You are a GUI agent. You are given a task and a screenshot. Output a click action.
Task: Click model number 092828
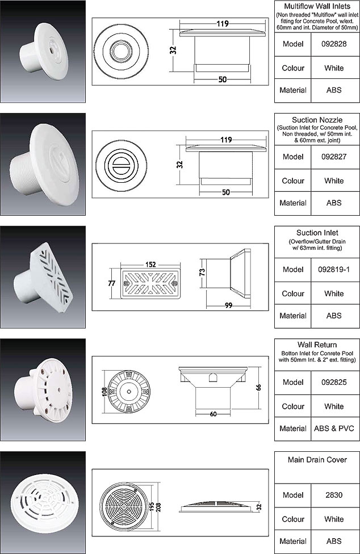(x=334, y=44)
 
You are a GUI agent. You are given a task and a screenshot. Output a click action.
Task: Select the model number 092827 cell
(x=334, y=157)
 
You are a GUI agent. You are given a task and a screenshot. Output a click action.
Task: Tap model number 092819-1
(x=334, y=269)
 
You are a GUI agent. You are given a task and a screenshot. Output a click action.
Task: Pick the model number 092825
(x=334, y=382)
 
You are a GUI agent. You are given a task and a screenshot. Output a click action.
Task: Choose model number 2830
(x=334, y=495)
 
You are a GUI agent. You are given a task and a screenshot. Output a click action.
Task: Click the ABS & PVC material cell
(x=334, y=429)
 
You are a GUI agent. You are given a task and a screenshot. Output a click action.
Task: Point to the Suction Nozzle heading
(x=317, y=120)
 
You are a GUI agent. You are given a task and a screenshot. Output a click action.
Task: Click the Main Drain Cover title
(x=317, y=460)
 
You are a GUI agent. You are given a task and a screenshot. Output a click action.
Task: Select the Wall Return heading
(x=317, y=345)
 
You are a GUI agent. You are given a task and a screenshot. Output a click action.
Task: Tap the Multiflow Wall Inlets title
(x=317, y=6)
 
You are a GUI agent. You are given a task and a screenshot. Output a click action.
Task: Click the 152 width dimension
(x=150, y=265)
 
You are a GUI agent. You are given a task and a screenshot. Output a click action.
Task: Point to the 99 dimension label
(x=229, y=305)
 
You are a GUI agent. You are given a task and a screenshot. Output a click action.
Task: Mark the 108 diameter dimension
(x=104, y=392)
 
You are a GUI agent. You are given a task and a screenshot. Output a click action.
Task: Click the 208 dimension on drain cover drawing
(x=158, y=507)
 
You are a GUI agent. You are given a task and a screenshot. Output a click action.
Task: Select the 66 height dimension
(x=258, y=387)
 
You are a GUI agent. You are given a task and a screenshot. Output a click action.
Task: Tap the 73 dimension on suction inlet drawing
(x=202, y=272)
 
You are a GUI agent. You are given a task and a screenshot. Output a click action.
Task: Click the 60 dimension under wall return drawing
(x=213, y=414)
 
